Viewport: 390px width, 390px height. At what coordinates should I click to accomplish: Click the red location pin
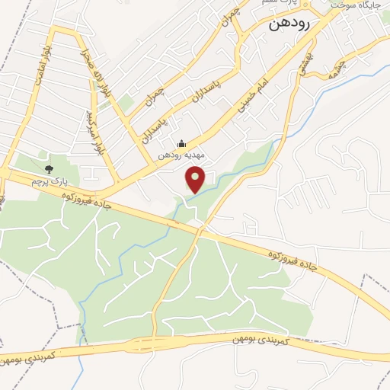[197, 178]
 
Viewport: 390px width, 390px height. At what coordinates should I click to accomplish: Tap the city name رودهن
[289, 24]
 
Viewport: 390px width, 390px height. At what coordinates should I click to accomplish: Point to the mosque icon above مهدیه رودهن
[181, 143]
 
